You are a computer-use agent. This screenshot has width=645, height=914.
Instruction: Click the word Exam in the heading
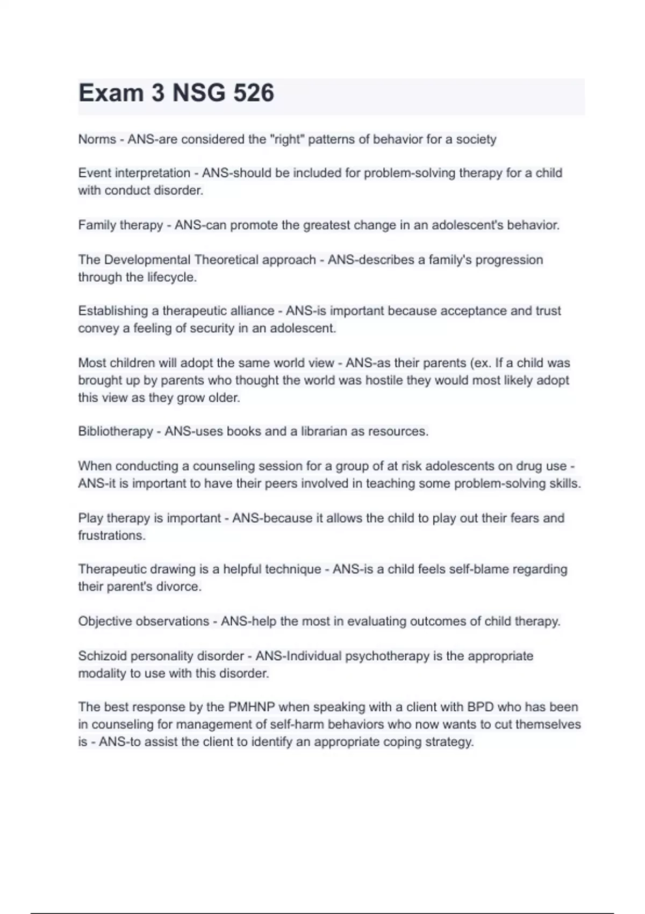(111, 93)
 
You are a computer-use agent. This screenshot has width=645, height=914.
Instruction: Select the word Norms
(97, 139)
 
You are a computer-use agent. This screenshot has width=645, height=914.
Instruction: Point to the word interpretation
(153, 173)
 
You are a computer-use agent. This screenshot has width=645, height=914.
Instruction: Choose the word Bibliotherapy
(116, 431)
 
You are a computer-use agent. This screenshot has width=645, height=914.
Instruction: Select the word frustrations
(111, 535)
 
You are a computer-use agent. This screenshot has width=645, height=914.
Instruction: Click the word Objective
(105, 621)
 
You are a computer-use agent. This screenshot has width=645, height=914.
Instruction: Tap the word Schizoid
(102, 656)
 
